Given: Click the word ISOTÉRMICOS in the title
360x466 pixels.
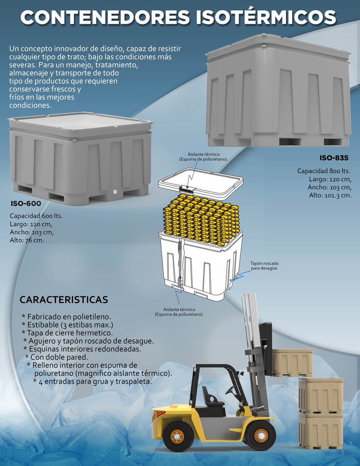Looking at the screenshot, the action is point(266,17).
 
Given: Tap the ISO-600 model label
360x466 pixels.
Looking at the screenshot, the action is point(26,203).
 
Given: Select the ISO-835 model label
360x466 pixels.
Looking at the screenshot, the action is point(334,158).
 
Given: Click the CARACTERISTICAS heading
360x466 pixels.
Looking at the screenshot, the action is point(64,299).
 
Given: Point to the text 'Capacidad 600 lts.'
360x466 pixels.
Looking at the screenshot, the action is point(36,216).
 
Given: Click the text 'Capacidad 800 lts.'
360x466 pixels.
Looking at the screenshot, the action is point(324,171).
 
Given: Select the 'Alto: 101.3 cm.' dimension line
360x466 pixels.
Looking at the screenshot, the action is point(330,195).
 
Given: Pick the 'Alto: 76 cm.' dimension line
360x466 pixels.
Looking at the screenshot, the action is point(27,240).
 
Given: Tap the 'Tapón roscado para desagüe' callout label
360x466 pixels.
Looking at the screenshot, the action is point(264,266).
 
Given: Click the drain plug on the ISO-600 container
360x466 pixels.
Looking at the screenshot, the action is point(116,192).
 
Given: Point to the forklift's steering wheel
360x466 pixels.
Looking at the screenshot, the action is point(230,390).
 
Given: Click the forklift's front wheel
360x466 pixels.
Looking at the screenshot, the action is point(260,436).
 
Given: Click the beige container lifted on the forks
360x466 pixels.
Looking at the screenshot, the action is point(293,363).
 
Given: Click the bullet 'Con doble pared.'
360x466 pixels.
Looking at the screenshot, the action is point(56,357).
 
